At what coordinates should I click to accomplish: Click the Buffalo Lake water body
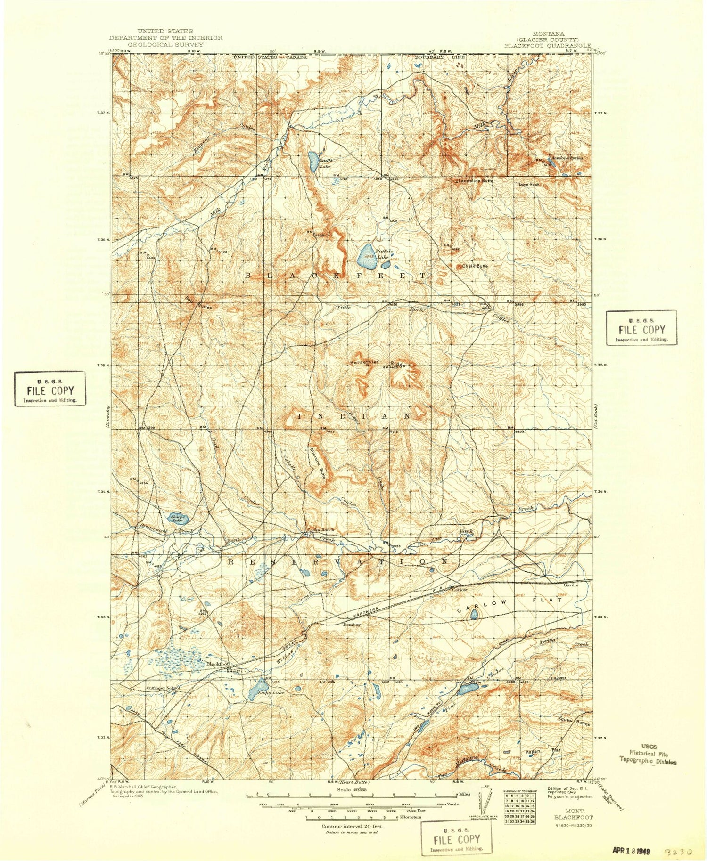366,255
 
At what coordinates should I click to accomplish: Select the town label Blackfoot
218,664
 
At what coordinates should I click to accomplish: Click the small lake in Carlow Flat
474,614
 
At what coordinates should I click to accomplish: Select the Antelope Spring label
567,158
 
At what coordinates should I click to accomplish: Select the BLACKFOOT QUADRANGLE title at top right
547,46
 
